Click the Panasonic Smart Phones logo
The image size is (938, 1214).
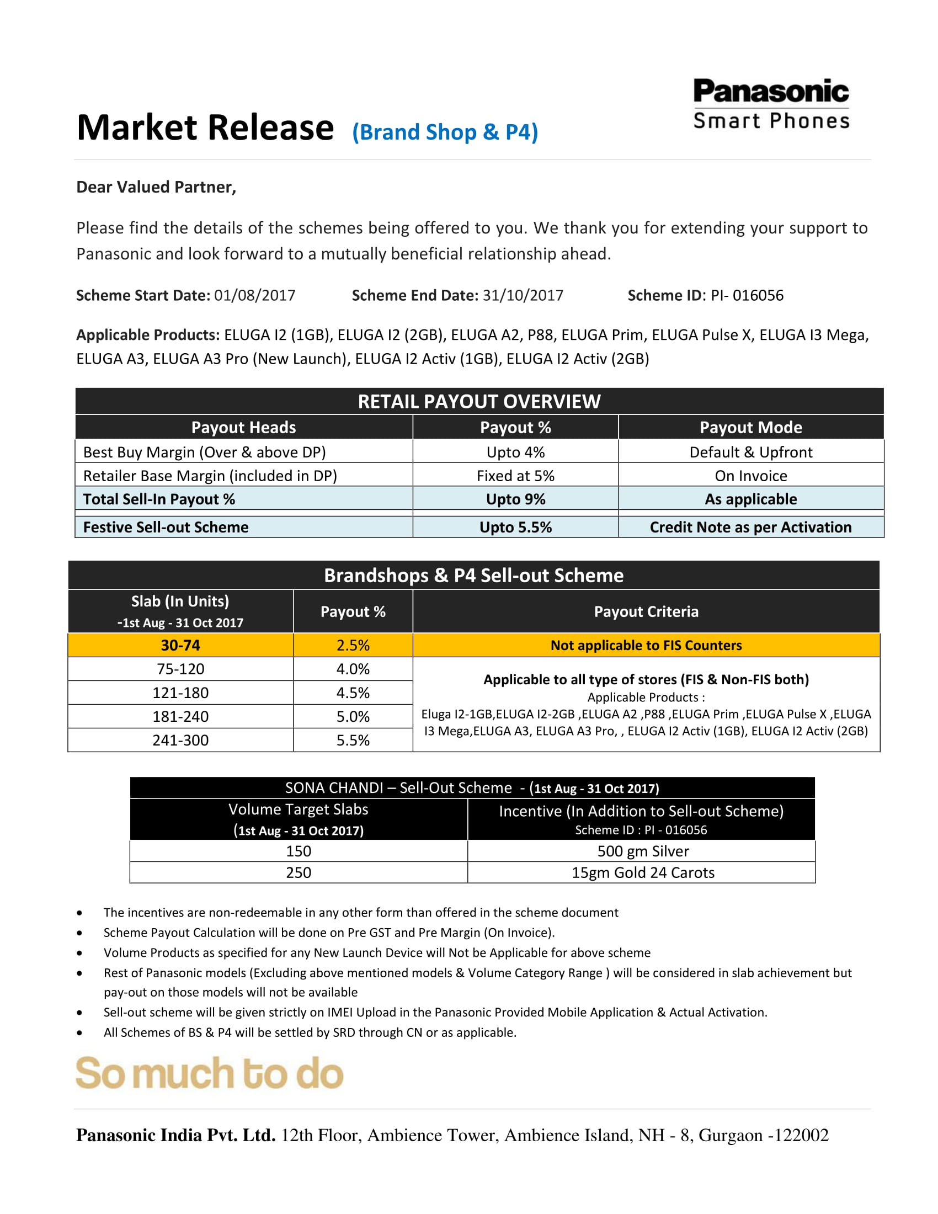coord(771,104)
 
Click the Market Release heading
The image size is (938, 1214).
coord(205,128)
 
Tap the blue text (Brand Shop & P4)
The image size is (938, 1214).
coord(445,132)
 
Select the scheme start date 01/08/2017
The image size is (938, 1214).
coord(254,295)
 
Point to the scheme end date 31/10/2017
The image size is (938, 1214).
coord(523,295)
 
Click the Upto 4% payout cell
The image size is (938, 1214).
coord(515,452)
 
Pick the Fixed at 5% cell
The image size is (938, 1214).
coord(515,476)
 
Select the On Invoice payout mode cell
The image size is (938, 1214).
coord(751,476)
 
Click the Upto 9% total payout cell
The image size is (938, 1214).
coord(515,499)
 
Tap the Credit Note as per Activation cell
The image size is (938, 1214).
coord(751,527)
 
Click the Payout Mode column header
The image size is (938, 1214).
coord(751,428)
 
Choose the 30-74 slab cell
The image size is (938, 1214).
coord(180,646)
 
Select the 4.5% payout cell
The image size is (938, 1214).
coord(353,693)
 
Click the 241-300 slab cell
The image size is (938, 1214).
coord(180,741)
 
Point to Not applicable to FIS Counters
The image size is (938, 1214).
coord(646,646)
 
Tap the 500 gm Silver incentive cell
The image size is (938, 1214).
coord(642,851)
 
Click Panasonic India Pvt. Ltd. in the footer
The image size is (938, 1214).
coord(175,1136)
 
